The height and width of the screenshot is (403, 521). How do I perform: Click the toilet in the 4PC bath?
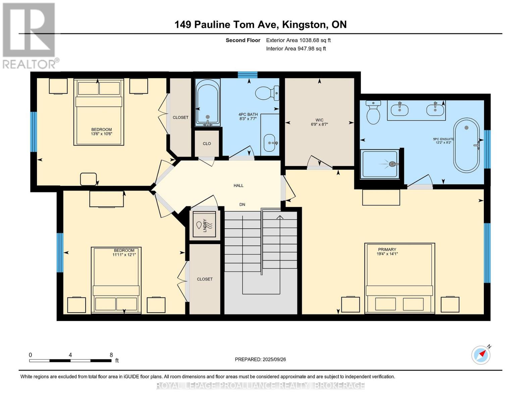[x=267, y=93]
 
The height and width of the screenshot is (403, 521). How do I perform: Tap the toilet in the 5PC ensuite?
[x=373, y=112]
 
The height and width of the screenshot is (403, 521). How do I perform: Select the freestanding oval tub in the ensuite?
[x=467, y=145]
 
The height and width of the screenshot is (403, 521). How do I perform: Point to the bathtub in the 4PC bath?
[x=208, y=102]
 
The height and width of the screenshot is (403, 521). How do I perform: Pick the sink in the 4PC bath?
[x=270, y=143]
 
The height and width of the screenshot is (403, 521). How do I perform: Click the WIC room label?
[x=319, y=120]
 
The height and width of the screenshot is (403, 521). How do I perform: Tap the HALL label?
[x=238, y=185]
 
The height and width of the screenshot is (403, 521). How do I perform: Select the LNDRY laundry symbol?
[x=204, y=225]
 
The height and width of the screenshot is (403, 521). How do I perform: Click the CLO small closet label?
[x=207, y=143]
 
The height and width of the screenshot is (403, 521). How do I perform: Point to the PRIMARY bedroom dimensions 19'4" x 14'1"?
[x=387, y=254]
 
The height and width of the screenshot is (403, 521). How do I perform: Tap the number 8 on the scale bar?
[x=111, y=355]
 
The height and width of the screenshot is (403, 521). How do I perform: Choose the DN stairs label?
[x=242, y=205]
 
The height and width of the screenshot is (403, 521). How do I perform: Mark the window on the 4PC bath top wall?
[x=248, y=75]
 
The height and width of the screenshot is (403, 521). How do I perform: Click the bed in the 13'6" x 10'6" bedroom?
[x=99, y=112]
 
